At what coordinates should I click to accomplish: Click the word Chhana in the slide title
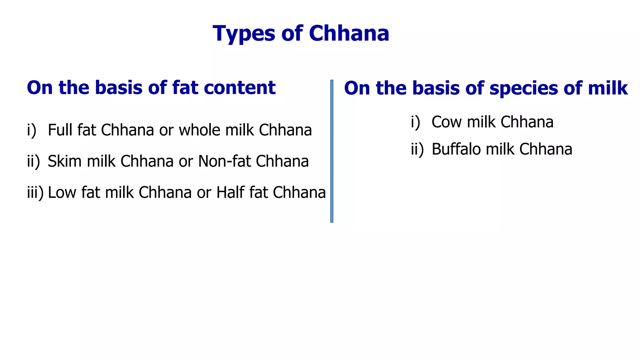(x=349, y=33)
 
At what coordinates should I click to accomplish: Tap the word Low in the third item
(x=62, y=192)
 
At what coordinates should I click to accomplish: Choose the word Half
(x=230, y=192)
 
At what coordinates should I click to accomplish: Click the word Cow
(x=446, y=122)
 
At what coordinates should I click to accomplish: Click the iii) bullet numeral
(x=35, y=192)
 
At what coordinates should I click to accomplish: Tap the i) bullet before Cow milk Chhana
(x=415, y=122)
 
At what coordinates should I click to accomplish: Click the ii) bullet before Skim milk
(x=33, y=162)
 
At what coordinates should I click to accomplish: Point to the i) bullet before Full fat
(x=32, y=130)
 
